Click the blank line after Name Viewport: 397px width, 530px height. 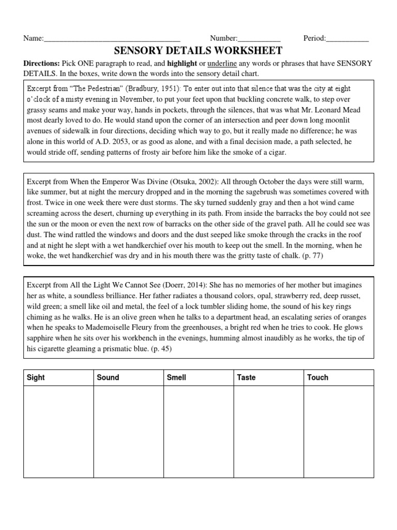[x=112, y=38]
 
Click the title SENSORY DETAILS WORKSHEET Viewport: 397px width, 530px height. [x=198, y=50]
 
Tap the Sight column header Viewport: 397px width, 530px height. [x=36, y=377]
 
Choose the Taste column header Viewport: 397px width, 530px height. [x=246, y=377]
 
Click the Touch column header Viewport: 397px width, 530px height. [x=317, y=377]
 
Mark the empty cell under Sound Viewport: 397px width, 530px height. [x=128, y=431]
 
